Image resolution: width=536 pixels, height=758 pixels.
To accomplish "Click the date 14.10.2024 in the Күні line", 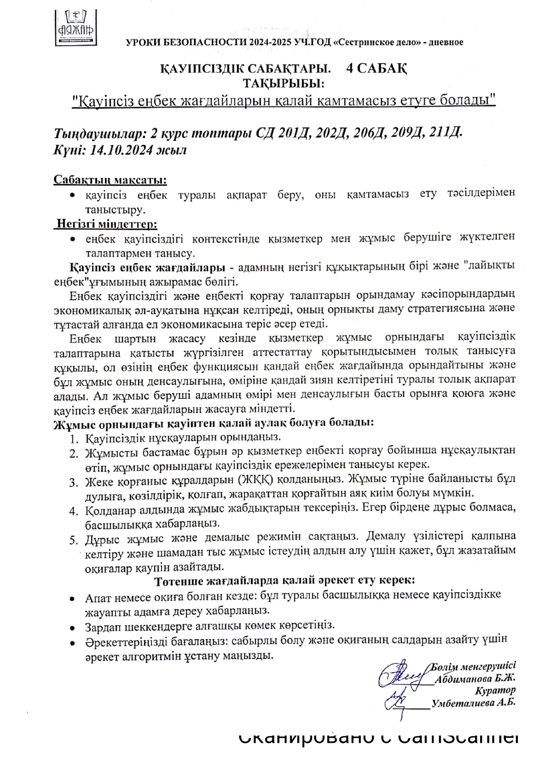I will [118, 150].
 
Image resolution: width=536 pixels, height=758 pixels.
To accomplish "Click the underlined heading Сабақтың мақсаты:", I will [110, 180].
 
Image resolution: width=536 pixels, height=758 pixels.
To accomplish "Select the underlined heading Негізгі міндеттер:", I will [106, 225].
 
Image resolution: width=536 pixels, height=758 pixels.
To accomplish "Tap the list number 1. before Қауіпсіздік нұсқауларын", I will [74, 440].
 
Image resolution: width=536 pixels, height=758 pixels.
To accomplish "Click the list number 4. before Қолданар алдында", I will [74, 511].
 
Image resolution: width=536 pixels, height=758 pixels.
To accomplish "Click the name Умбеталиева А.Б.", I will [474, 703].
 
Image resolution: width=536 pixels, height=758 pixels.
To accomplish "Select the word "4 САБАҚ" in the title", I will [376, 69].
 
